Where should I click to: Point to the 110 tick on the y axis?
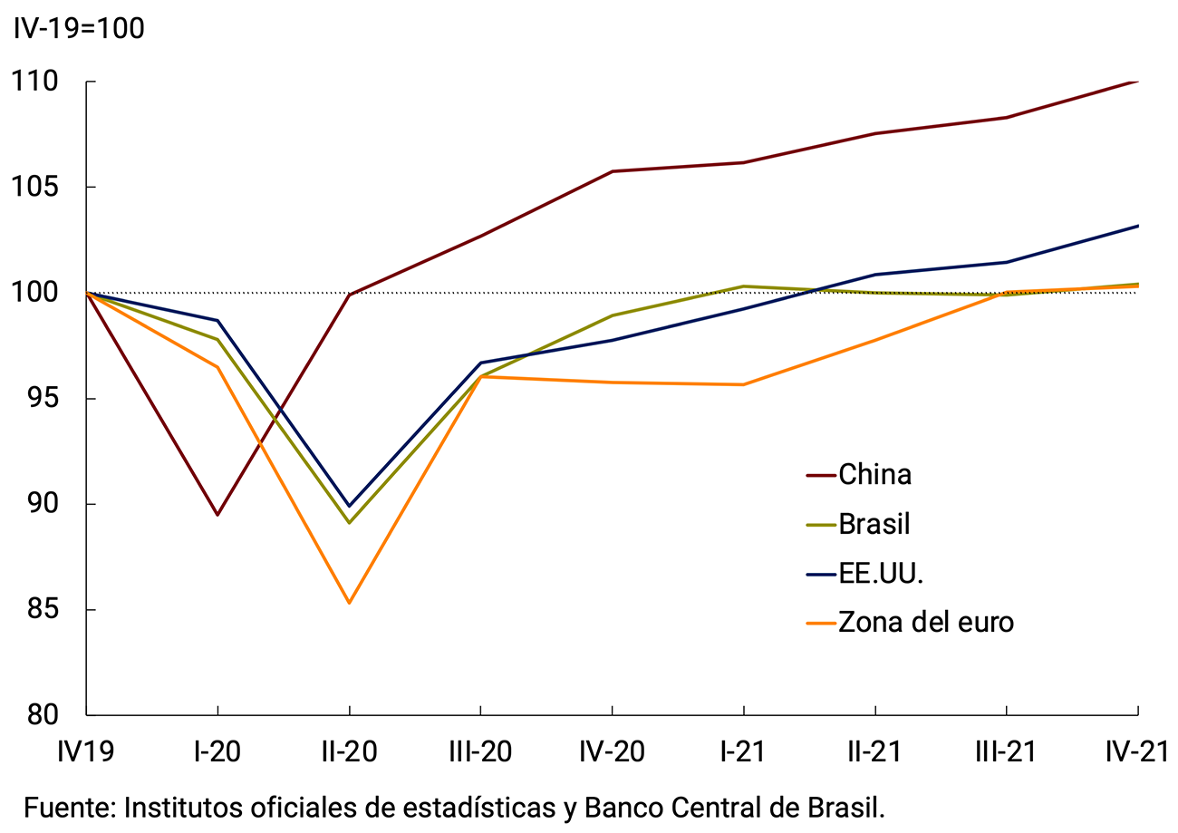pyautogui.click(x=34, y=82)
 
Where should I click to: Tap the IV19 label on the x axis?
pyautogui.click(x=86, y=751)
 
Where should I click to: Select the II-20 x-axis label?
pyautogui.click(x=349, y=751)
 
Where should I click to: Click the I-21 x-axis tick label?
pyautogui.click(x=744, y=751)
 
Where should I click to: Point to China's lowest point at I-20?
pyautogui.click(x=217, y=515)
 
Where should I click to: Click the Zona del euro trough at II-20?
pyautogui.click(x=349, y=603)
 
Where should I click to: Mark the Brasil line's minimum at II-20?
pyautogui.click(x=349, y=523)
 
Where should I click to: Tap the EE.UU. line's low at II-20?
pyautogui.click(x=349, y=506)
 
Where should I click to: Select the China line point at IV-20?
pyautogui.click(x=613, y=171)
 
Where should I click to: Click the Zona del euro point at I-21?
pyautogui.click(x=744, y=384)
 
